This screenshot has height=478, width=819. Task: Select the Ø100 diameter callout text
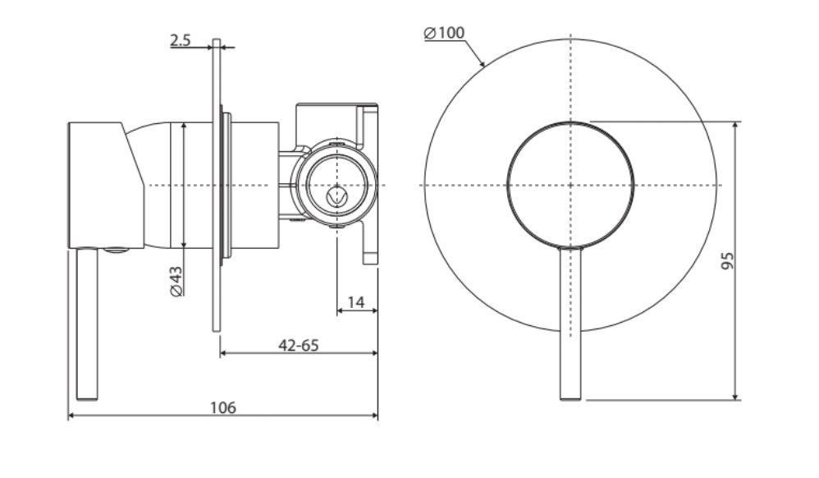coord(444,33)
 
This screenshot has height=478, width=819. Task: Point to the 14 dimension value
coord(356,301)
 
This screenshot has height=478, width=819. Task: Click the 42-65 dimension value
coord(299,345)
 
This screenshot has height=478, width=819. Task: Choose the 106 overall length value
coord(222,407)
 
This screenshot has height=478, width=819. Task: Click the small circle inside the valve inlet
coord(335,196)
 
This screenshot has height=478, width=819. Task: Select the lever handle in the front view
coord(570,329)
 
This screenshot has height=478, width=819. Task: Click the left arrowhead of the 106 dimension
coord(71,416)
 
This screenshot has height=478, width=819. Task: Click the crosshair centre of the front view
coord(570,185)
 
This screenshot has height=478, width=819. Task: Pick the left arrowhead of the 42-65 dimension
coord(224,355)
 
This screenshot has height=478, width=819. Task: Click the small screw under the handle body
coord(118,251)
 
